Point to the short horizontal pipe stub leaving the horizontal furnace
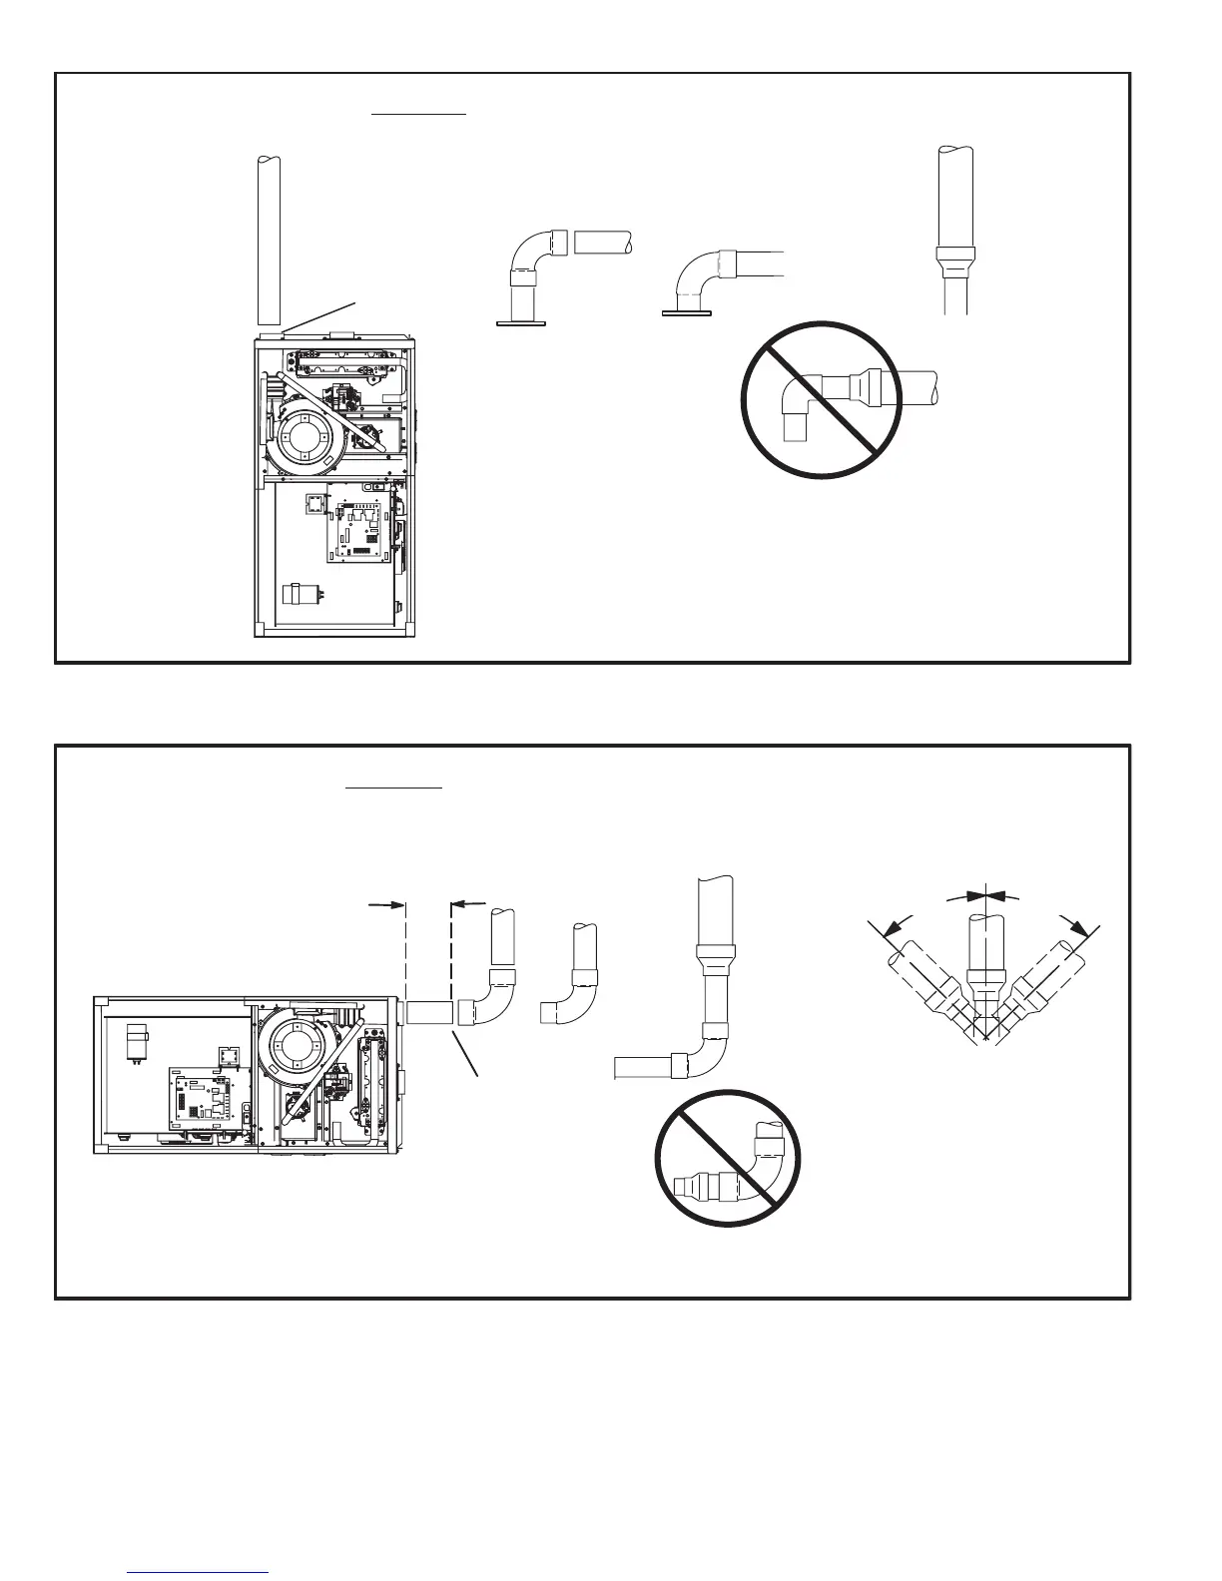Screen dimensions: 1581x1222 (430, 1012)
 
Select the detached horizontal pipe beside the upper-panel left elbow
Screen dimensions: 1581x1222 (602, 243)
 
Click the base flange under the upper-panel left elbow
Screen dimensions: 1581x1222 (523, 321)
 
